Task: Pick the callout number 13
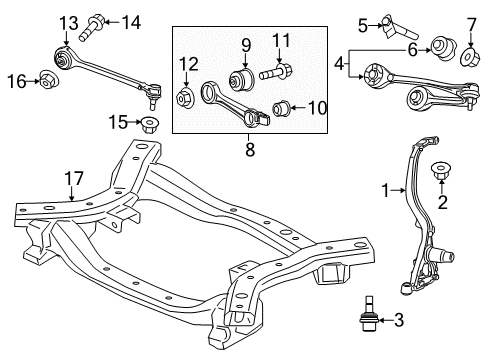pos(67,22)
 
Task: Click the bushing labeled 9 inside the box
pos(243,79)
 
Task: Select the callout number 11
pos(281,41)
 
